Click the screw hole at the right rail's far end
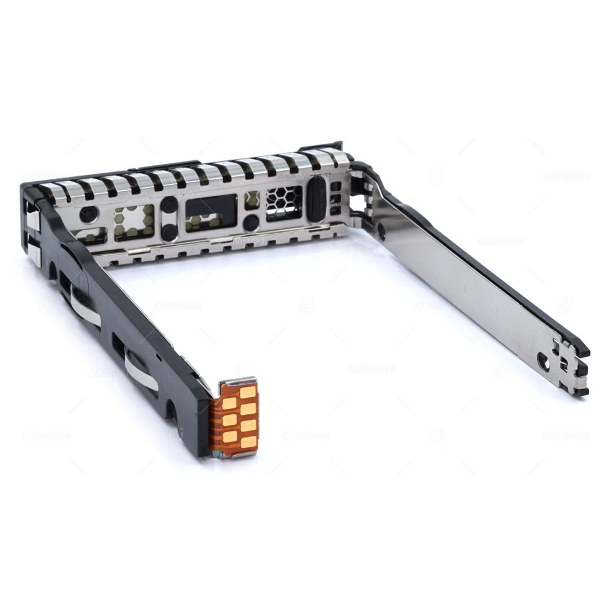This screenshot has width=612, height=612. click(x=543, y=361)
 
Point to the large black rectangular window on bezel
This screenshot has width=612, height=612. click(x=211, y=210)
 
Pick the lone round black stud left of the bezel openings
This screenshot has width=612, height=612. click(x=89, y=214)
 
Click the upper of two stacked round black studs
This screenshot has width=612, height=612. click(x=170, y=205)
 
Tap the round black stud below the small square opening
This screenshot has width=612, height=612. click(x=250, y=223)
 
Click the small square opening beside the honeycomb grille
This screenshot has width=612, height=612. click(x=252, y=200)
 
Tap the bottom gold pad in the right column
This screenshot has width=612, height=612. click(x=249, y=441)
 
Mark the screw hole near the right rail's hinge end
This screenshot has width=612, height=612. click(x=381, y=231)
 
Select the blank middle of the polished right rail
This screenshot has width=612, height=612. click(x=465, y=288)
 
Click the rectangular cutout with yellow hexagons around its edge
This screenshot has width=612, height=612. click(x=134, y=220)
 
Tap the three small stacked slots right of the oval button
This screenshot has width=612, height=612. click(x=335, y=197)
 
